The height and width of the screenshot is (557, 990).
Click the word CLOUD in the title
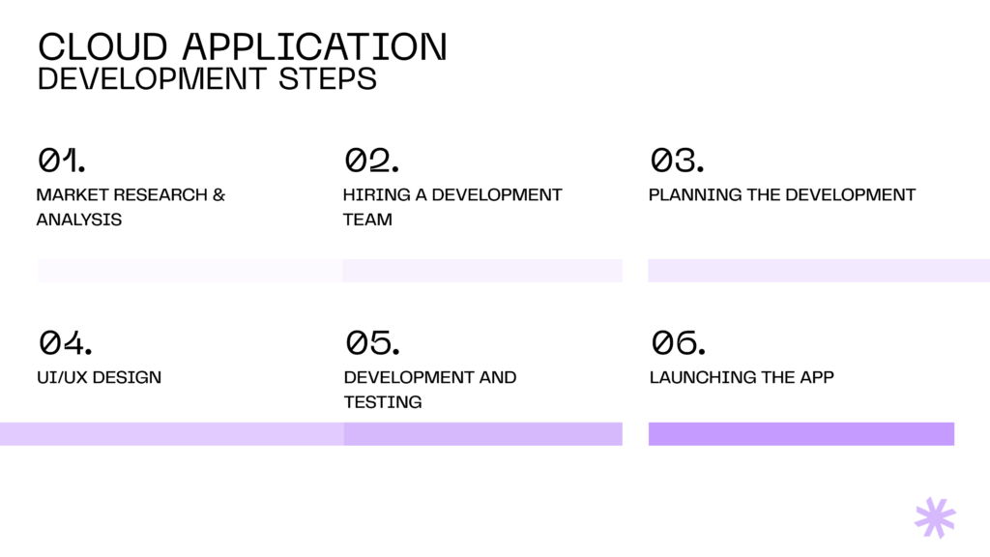coord(102,46)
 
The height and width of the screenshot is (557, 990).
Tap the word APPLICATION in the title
coord(315,46)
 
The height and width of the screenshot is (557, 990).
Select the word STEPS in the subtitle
coord(327,79)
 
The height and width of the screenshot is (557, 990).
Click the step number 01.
coord(61,160)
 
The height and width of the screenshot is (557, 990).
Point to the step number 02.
coord(372,160)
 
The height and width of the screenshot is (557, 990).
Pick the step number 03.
coord(678,160)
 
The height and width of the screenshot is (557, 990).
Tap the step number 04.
coord(65,342)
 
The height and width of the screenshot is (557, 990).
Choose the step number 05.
coord(372,342)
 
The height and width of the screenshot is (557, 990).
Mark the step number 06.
coord(678,342)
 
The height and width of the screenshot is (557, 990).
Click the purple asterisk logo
coord(935,518)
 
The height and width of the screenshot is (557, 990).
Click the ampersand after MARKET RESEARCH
coord(219,194)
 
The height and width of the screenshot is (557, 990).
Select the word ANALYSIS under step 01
coord(79,220)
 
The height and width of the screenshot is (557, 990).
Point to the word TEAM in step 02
coord(367,220)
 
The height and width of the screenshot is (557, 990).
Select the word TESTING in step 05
coord(383,401)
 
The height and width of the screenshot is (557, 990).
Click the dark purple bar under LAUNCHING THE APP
coord(801,434)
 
